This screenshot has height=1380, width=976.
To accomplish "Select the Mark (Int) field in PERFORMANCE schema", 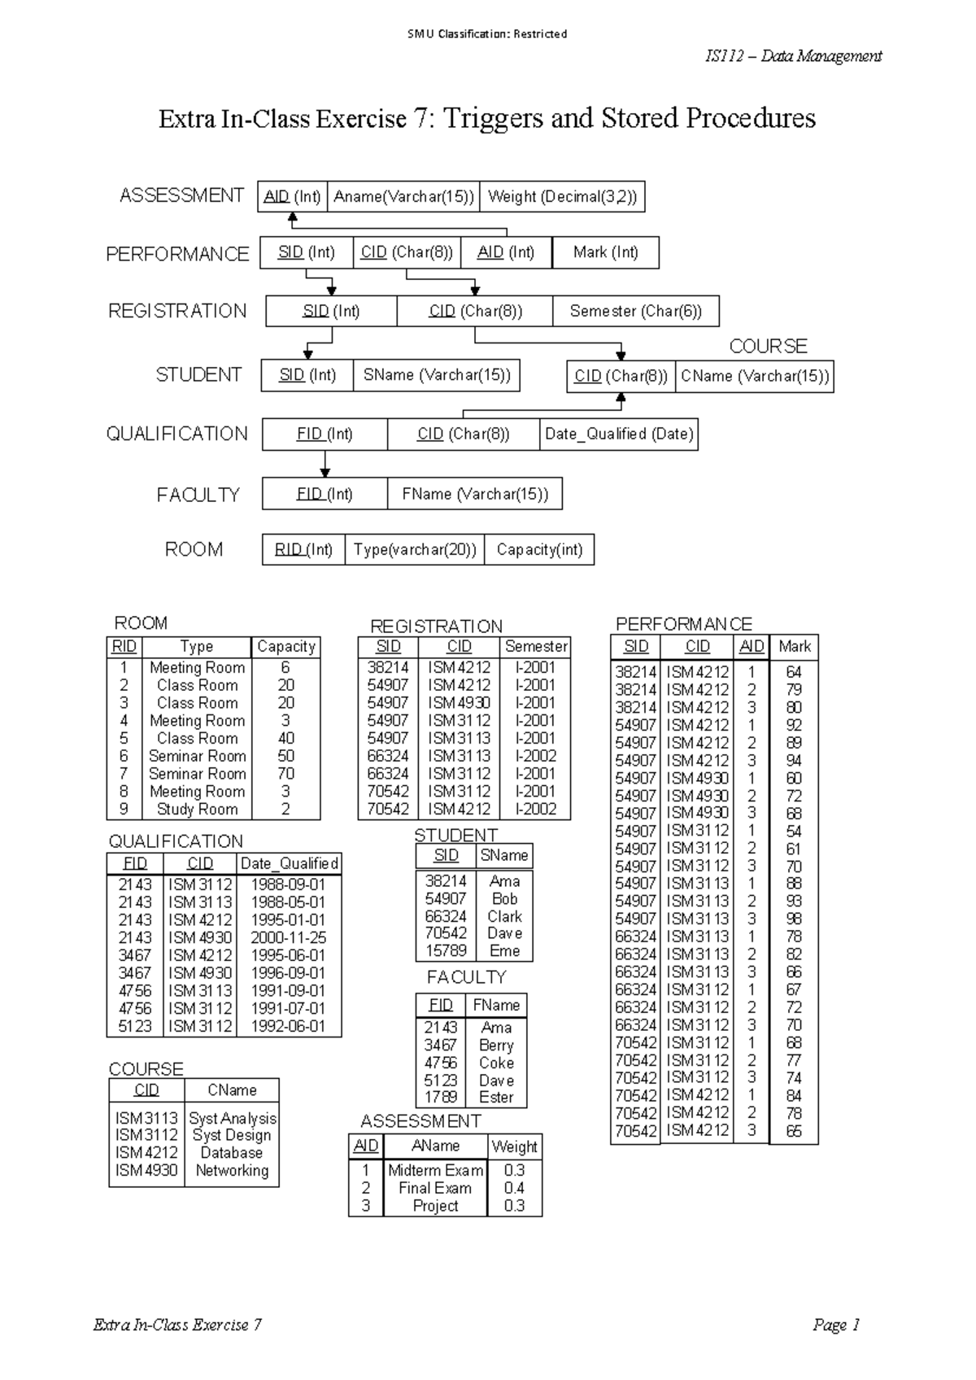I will coord(605,252).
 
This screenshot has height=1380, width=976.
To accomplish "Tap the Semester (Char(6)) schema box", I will coord(635,311).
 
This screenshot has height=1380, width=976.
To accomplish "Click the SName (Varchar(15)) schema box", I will coord(437,375).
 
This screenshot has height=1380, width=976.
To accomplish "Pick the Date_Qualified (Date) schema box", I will coord(619,434).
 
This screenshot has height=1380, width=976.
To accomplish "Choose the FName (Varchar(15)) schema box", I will coord(475,494).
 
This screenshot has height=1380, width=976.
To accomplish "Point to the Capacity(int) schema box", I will coord(539,549).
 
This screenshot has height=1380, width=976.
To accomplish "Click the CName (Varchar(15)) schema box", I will coord(755,376).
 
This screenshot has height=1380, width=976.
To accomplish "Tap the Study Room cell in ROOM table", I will coord(198,809).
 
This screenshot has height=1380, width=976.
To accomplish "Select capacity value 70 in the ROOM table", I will coord(285,774).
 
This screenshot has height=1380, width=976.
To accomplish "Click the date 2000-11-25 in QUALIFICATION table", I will coord(289,937).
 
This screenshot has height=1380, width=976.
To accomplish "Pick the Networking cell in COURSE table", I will coord(232,1170).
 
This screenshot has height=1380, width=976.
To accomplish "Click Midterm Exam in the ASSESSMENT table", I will coord(435,1170).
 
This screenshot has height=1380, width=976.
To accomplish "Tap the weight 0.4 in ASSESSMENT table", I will coord(514,1188).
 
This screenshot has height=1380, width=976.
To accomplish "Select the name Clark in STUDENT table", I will coord(504,916).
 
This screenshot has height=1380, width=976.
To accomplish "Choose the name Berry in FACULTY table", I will coord(496,1046).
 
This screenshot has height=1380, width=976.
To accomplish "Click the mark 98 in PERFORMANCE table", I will coord(794,919).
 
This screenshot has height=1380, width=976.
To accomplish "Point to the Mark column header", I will coord(794,646).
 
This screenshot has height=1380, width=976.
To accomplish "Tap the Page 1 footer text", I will coord(835,1325).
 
